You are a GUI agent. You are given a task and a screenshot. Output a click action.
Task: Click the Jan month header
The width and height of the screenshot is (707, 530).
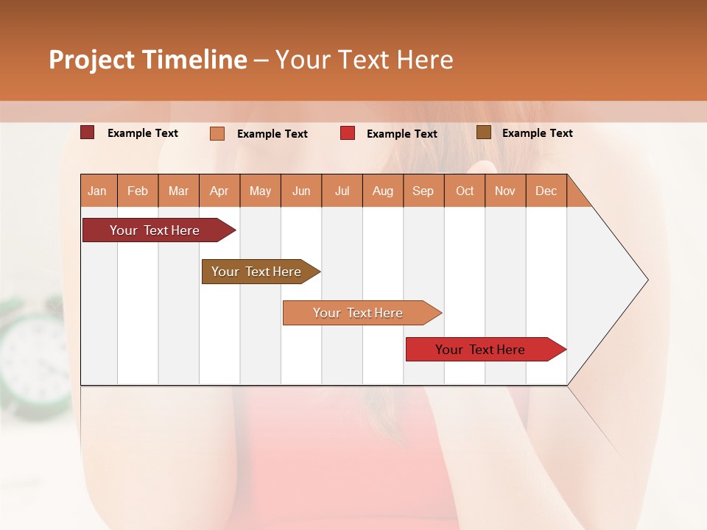[98, 191]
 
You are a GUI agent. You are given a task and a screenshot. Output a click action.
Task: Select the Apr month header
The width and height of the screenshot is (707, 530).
[219, 191]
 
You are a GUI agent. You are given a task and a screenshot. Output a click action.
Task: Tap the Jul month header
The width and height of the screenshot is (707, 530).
[342, 191]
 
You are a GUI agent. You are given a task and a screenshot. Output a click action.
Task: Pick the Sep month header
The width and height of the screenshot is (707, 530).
[423, 191]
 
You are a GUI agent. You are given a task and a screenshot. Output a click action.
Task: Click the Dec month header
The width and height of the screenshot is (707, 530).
[546, 191]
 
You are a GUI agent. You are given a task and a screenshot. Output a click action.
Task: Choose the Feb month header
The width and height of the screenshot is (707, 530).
[138, 191]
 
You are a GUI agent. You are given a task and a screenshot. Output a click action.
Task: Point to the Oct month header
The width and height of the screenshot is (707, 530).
[465, 191]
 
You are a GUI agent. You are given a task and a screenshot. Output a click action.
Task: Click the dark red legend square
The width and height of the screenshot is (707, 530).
[88, 132]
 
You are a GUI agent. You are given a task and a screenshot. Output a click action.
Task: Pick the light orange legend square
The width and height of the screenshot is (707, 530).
[217, 133]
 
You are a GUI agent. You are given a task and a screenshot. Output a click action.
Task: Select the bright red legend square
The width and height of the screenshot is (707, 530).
[348, 133]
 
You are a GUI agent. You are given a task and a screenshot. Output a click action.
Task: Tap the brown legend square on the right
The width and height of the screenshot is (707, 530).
[484, 132]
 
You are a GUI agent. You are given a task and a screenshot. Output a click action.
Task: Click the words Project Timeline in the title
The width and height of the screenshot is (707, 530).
[147, 60]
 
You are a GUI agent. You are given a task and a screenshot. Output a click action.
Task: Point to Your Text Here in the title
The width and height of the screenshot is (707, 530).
[364, 60]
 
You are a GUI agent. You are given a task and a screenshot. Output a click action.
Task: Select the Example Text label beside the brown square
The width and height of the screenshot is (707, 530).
[537, 133]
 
